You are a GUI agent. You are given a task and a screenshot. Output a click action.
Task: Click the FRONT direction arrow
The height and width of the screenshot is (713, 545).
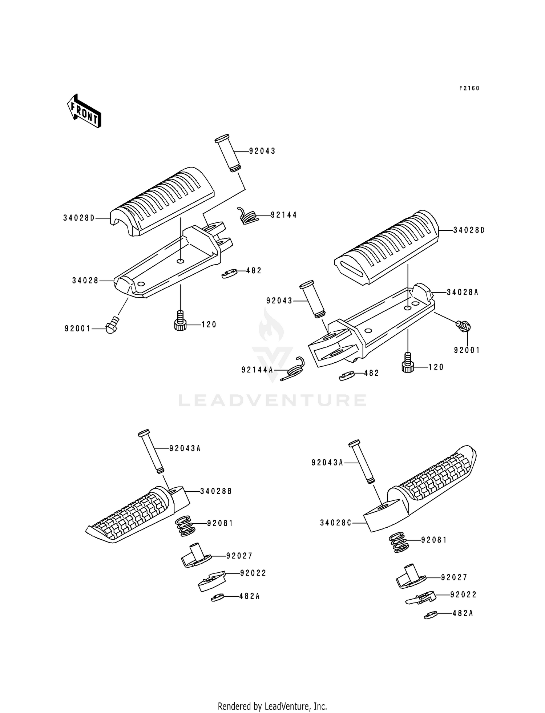(x=84, y=111)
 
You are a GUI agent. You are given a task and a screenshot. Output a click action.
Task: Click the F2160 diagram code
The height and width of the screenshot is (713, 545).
(x=469, y=88)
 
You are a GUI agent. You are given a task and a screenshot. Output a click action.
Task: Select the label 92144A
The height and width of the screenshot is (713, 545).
(x=257, y=370)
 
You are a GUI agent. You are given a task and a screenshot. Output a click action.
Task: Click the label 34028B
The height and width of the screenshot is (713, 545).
(x=216, y=491)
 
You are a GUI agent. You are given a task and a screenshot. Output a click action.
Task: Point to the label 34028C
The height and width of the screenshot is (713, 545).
(x=335, y=523)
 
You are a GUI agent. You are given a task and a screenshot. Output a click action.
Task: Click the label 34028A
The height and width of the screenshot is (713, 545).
(x=462, y=292)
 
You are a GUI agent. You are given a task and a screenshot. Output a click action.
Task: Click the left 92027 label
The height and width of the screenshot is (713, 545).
(x=239, y=556)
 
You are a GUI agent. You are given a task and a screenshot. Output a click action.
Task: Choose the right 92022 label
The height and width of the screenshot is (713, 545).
(x=463, y=595)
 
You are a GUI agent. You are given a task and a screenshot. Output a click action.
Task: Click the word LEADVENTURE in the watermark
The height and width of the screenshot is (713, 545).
(x=272, y=400)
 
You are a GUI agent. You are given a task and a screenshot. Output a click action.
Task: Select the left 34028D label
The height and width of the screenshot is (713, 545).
(x=78, y=218)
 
